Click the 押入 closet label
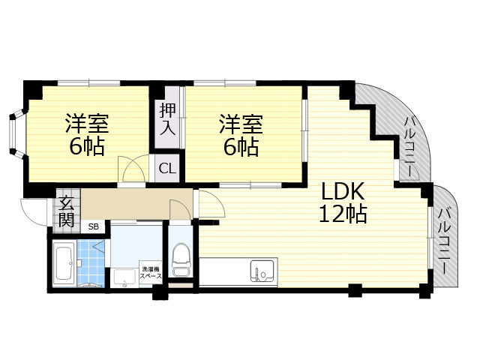pyautogui.click(x=167, y=118)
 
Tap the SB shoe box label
pyautogui.click(x=94, y=226)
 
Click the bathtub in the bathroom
pyautogui.click(x=64, y=265)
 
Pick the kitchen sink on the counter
pyautogui.click(x=262, y=271)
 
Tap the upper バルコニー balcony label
pyautogui.click(x=411, y=146)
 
